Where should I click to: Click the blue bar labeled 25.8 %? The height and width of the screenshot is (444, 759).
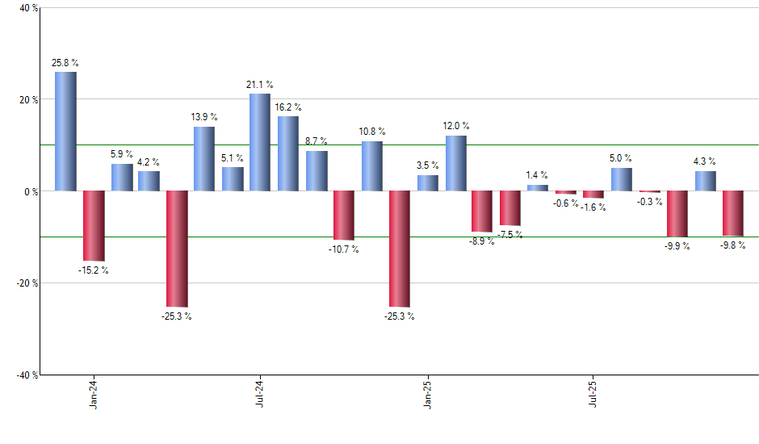[65, 132]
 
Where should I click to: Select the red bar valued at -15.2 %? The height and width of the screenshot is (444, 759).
[94, 226]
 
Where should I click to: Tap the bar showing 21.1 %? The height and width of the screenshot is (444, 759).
[259, 142]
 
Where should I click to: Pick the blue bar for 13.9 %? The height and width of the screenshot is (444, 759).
[203, 159]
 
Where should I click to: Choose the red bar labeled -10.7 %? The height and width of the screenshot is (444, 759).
[343, 216]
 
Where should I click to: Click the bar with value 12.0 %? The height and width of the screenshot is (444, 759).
[455, 163]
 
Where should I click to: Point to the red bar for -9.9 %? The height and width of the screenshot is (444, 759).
[677, 214]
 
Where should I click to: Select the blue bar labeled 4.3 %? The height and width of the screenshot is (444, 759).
[705, 181]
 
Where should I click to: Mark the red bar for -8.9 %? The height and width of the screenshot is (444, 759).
[482, 212]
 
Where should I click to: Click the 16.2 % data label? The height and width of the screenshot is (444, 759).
[288, 107]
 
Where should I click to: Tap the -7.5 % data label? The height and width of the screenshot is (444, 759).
[510, 235]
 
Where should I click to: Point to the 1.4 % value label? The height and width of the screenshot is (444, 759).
[537, 175]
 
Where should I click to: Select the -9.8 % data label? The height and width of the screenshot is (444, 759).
[732, 245]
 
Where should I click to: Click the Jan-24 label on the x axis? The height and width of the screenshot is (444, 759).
[94, 393]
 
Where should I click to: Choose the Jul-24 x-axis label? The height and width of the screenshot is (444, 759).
[260, 393]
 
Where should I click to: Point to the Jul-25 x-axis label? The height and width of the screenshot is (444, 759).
[593, 393]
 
